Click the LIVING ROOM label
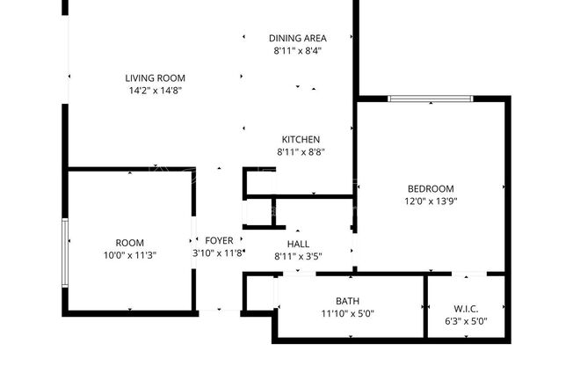[155, 78]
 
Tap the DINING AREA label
[298, 38]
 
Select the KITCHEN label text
[301, 139]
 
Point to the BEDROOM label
[431, 188]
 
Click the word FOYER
[220, 240]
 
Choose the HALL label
[298, 245]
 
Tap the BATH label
[347, 301]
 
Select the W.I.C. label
[466, 309]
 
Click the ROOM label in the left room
[130, 243]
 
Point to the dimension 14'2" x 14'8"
[155, 91]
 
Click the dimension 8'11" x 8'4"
[298, 51]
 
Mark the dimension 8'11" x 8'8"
[301, 151]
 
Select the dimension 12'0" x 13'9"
[431, 201]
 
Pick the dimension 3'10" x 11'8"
[218, 253]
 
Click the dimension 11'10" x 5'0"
[347, 313]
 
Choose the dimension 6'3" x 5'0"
[466, 321]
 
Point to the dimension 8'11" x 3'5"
[298, 257]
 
